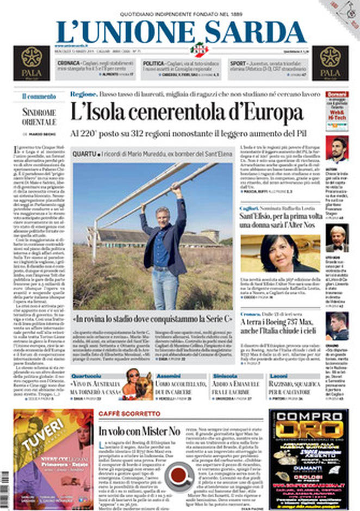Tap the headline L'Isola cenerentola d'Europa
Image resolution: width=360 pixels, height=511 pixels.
pos(187,113)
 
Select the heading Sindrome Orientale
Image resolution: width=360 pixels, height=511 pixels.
pos(39,117)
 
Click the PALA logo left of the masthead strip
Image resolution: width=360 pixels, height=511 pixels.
pos(32,63)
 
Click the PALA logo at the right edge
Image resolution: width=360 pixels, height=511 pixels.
pos(330,63)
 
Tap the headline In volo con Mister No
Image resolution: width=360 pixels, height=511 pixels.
pos(139,431)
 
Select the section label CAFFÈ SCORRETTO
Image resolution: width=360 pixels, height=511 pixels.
pos(129,414)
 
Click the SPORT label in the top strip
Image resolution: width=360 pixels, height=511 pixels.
pos(238,64)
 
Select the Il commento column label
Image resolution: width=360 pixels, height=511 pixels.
pos(39,96)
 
